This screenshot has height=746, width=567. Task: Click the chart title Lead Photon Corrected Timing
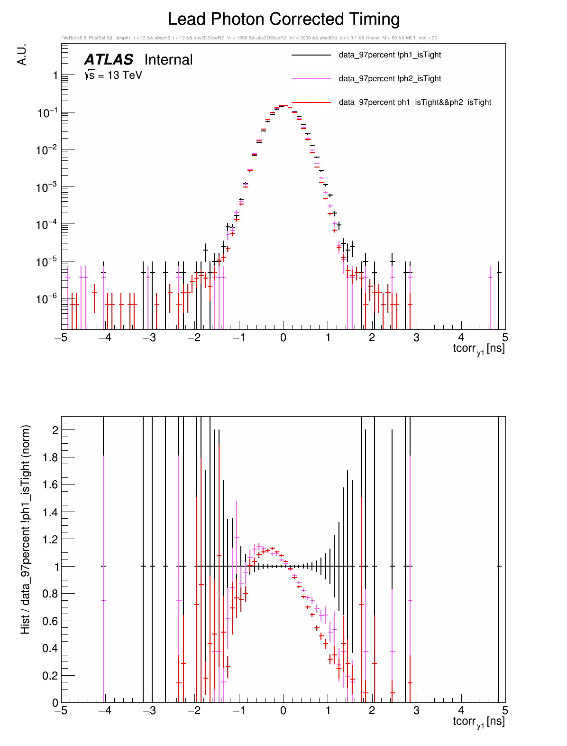(283, 19)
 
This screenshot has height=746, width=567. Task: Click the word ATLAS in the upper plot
(109, 60)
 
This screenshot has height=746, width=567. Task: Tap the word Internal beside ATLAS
(168, 60)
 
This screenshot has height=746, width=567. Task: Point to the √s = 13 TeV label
(113, 75)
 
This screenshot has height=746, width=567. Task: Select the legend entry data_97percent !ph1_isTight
(390, 55)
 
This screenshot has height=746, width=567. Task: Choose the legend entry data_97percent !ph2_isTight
(390, 79)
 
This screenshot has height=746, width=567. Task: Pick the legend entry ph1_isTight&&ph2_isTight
(415, 103)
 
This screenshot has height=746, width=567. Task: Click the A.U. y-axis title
(22, 55)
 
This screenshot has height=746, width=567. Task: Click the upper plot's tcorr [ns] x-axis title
(478, 349)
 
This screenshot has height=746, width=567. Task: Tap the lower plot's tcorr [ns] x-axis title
(478, 722)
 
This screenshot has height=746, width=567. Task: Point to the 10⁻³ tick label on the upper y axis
(47, 187)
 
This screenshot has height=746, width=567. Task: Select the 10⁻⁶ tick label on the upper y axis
(47, 298)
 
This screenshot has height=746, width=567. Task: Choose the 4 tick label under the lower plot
(461, 711)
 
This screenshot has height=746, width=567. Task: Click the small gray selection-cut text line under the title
(249, 38)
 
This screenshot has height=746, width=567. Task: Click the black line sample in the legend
(311, 55)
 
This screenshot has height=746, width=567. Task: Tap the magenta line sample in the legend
(311, 79)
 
